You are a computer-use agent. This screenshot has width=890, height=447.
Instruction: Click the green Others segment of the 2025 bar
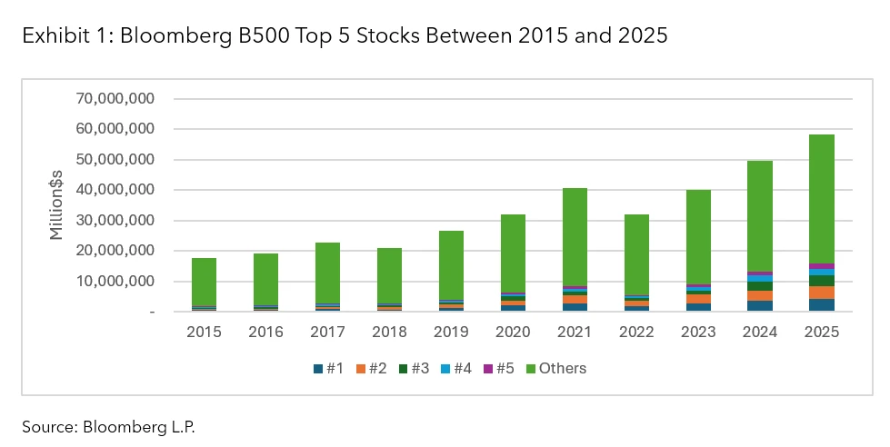(x=822, y=199)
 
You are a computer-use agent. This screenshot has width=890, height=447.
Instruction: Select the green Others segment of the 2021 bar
(x=575, y=236)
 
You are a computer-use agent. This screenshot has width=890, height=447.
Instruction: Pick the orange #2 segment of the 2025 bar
(x=822, y=293)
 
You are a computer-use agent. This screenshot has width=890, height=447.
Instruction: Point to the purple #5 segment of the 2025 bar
(x=822, y=266)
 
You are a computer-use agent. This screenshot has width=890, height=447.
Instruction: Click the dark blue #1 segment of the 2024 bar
(x=760, y=306)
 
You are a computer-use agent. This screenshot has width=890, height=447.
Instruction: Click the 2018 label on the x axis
(x=389, y=333)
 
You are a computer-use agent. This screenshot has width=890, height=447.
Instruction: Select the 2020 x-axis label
(x=513, y=333)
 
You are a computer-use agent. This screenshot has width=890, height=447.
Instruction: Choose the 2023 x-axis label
(x=698, y=333)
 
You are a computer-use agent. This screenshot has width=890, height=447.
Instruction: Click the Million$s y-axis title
(x=56, y=205)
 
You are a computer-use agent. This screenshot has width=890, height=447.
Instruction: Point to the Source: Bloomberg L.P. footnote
(x=109, y=425)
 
